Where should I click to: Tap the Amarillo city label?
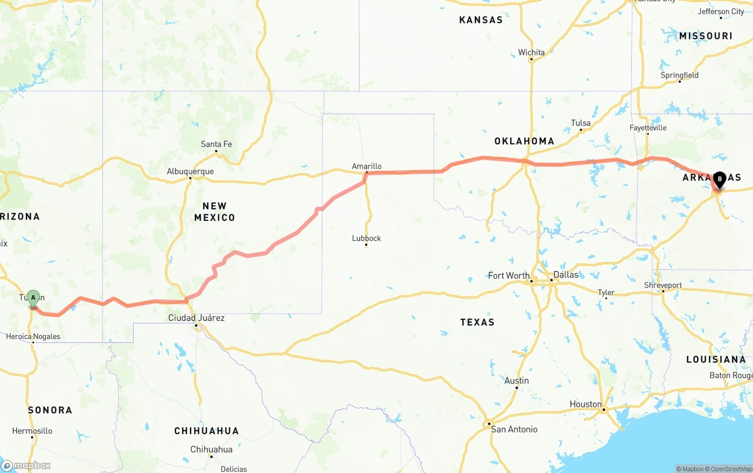[x=366, y=166]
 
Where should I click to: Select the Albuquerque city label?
[x=190, y=171]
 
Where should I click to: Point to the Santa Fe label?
[x=216, y=144]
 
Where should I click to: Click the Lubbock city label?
[x=366, y=238]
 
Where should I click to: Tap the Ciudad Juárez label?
[x=196, y=317]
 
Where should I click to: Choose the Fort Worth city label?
[x=508, y=275]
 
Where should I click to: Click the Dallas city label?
[x=565, y=274]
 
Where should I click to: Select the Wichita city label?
[x=531, y=52]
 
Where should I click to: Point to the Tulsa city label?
[x=581, y=123]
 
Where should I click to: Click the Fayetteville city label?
[x=648, y=127]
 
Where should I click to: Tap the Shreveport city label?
[x=663, y=285]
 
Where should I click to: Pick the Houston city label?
[x=585, y=404]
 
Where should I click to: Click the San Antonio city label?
[x=514, y=429]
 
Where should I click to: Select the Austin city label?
[x=517, y=381]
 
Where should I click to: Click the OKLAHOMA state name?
[x=524, y=141]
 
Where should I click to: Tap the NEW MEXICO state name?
[x=215, y=211]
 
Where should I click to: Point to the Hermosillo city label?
[x=32, y=431]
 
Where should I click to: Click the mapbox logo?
[x=26, y=465]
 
